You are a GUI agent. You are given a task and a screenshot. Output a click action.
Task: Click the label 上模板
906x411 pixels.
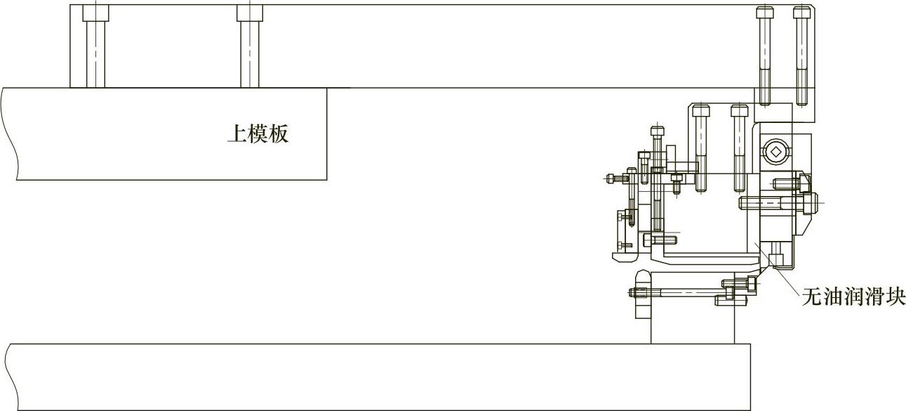(x=257, y=134)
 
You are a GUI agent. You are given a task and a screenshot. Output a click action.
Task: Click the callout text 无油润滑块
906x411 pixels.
(x=853, y=298)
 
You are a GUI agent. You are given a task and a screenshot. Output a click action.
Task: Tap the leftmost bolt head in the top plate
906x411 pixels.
(x=95, y=13)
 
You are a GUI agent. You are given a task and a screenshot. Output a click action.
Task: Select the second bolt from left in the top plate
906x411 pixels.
(x=248, y=13)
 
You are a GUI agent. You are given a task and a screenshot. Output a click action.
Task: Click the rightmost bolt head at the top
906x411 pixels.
(x=802, y=13)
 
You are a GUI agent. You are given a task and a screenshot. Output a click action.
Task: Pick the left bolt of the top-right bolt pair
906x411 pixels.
(x=764, y=49)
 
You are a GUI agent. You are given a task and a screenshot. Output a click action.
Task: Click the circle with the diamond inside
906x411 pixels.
(x=775, y=152)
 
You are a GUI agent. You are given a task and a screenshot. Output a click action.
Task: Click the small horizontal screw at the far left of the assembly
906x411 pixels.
(x=618, y=178)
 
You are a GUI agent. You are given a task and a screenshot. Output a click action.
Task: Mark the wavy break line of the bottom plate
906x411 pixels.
(x=8, y=376)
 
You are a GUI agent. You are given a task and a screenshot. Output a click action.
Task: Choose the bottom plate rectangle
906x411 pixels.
(x=379, y=377)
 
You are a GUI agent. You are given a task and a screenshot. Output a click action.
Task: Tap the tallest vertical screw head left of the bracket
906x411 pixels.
(x=657, y=131)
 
